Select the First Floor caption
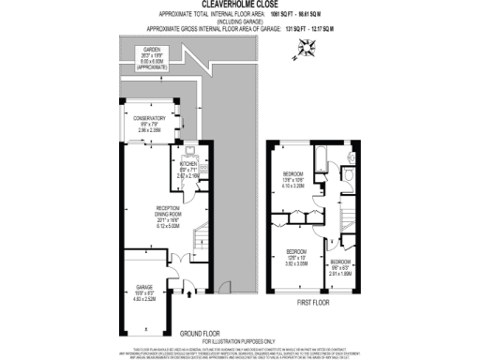tap(316, 303)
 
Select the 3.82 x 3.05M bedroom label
tap(298, 258)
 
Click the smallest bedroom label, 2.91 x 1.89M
tap(339, 268)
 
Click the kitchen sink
tap(189, 150)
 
